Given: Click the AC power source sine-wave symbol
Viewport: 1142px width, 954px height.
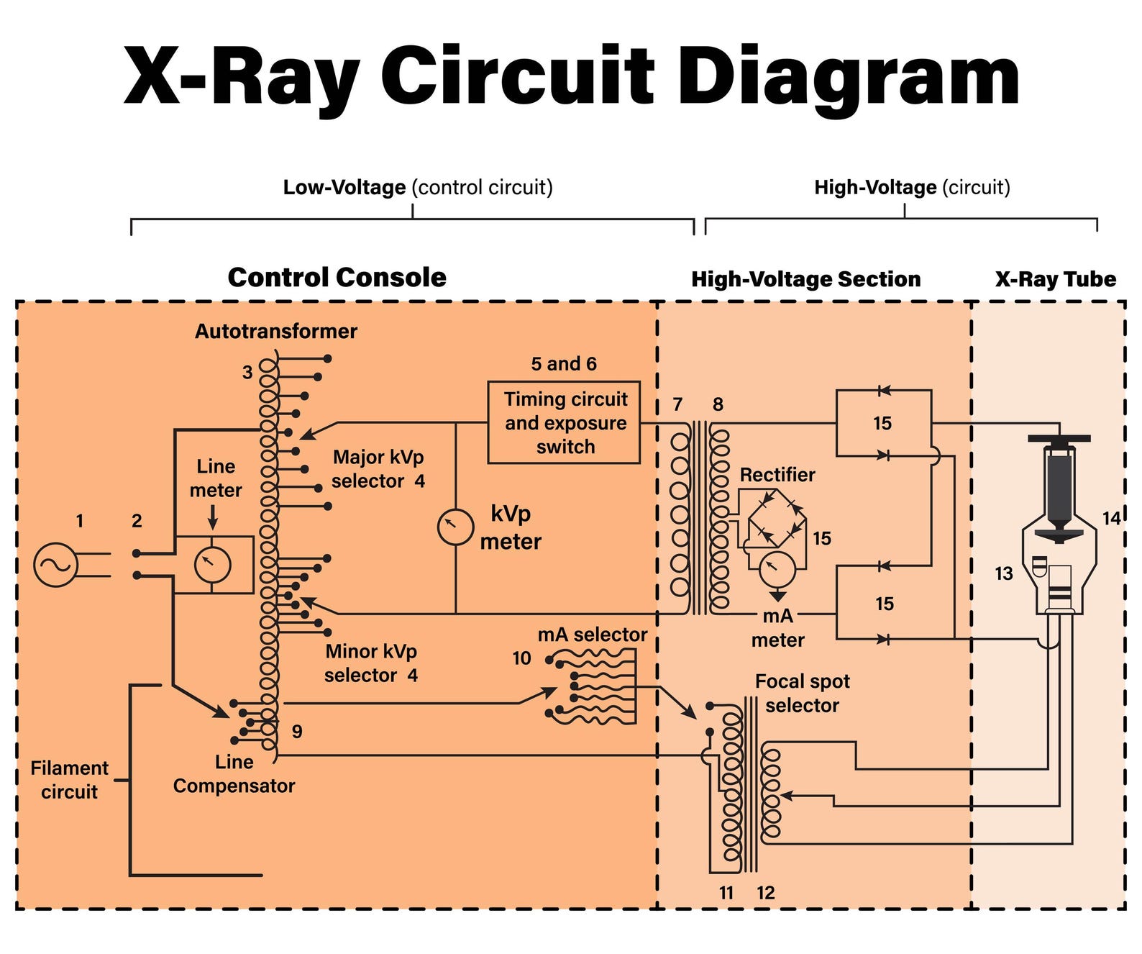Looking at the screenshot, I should (x=55, y=564).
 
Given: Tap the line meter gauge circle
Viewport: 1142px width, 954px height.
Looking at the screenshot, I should (x=213, y=565).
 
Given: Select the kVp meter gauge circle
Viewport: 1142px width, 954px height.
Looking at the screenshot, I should (x=455, y=527).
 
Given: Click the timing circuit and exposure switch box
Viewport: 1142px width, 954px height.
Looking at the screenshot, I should (x=564, y=422).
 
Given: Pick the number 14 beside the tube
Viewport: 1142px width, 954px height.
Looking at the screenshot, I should (x=1111, y=518).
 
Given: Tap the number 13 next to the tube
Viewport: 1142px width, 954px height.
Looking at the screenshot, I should (x=1003, y=573).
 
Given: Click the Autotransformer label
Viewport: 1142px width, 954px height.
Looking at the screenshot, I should (x=275, y=331).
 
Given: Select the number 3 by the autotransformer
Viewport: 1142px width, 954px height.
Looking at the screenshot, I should (x=247, y=372).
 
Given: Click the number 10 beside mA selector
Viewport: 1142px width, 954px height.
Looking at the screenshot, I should (x=521, y=658).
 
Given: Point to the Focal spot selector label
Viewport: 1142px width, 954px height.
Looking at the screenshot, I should (x=802, y=693).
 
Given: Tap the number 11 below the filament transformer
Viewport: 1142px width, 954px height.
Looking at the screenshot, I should (x=726, y=893).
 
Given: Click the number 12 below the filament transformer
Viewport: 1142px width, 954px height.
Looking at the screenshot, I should (x=765, y=893).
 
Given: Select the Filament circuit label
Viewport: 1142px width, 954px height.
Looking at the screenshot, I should (x=69, y=780).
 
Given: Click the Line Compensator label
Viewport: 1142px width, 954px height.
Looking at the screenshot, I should (x=234, y=774).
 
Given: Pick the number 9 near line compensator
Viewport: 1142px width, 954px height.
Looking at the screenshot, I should (x=297, y=732).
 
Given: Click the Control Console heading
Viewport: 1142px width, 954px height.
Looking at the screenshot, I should (x=337, y=278).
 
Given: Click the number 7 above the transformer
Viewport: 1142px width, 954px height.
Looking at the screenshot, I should (x=677, y=404).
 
